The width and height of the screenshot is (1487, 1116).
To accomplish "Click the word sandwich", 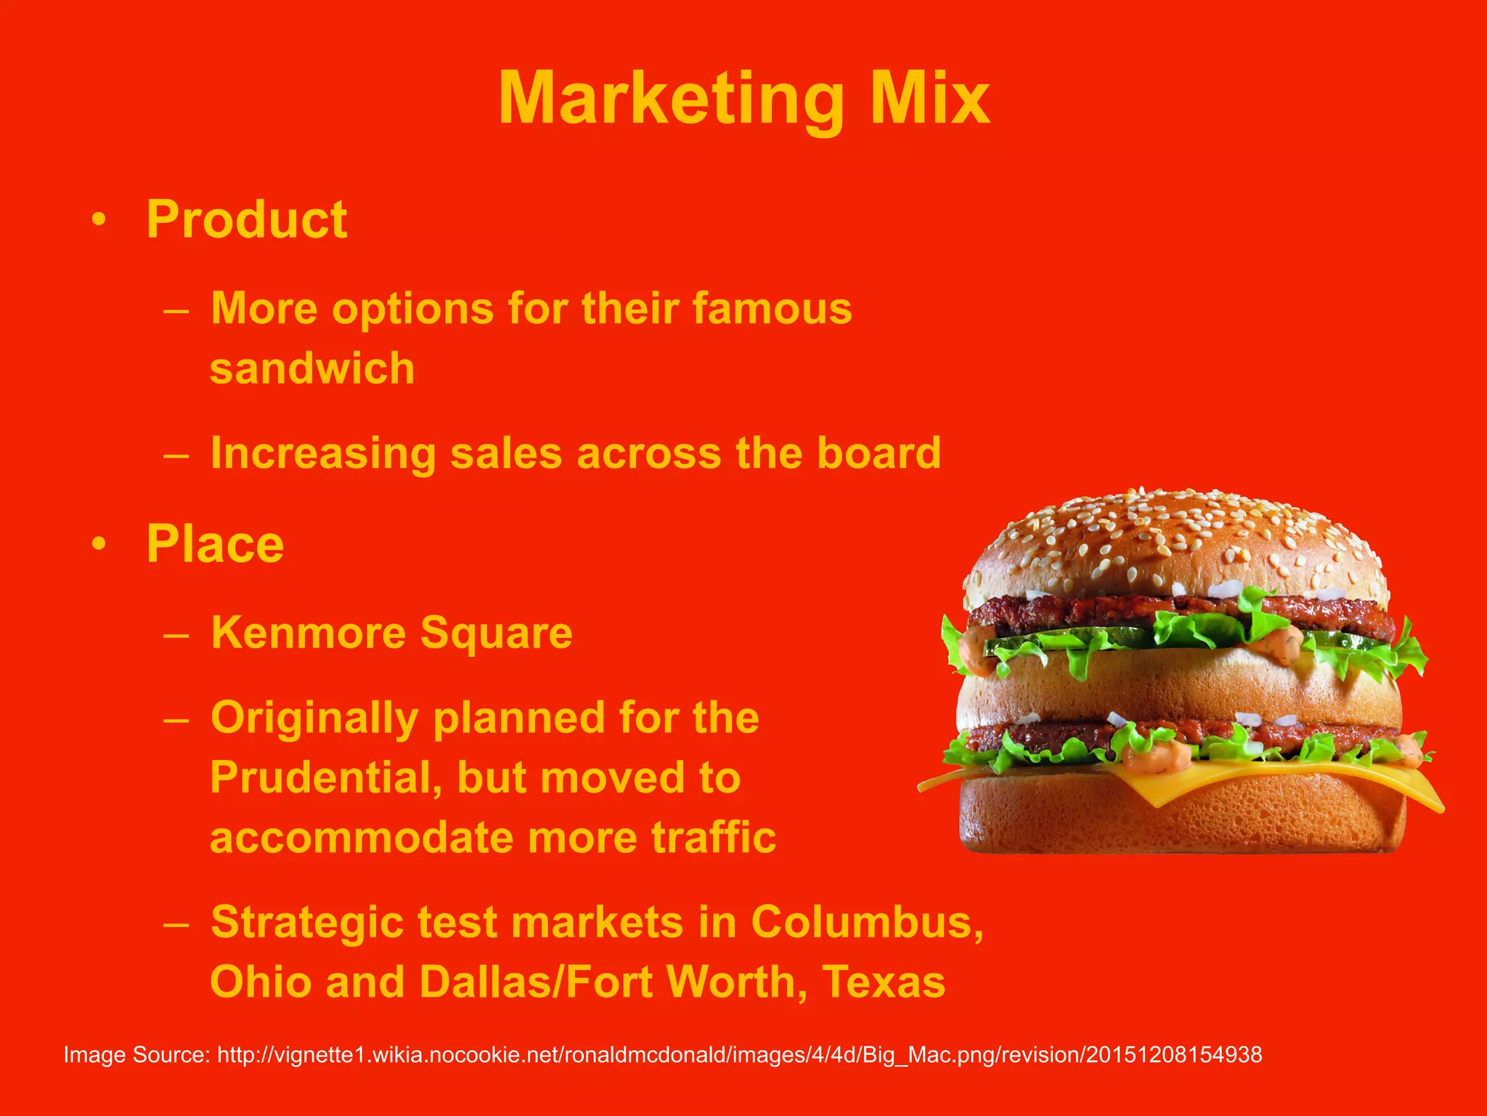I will tap(312, 368).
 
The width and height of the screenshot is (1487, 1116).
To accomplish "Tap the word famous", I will tap(772, 308).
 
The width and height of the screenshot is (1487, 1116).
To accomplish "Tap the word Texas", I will tap(884, 982).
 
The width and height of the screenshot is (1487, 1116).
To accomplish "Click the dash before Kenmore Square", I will tap(176, 634).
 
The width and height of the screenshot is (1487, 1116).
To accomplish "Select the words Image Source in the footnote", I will tap(137, 1054).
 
